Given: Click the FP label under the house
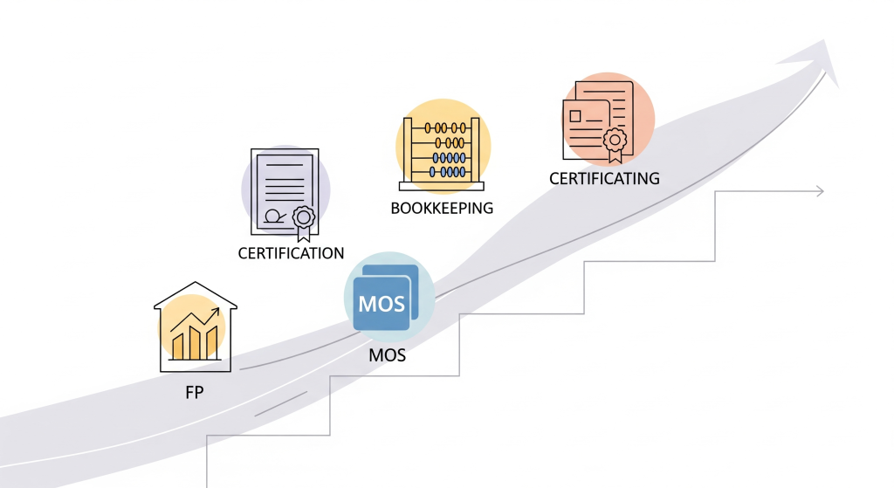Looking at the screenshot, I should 194,393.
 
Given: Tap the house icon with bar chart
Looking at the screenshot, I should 195,327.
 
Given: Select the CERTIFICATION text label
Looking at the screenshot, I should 291,253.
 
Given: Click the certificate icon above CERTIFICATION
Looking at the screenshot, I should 285,193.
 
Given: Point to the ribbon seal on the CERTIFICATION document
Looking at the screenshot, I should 303,220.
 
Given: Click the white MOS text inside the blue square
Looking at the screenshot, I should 382,305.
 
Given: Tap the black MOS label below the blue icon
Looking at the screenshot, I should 388,356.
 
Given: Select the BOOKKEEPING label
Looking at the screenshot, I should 442,208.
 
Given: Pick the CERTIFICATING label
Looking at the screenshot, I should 604,179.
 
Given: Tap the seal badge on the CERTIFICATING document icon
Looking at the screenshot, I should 615,141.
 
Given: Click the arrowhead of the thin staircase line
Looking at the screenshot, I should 819,191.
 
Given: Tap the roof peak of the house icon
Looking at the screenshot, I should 196,284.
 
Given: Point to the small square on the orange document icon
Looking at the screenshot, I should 576,114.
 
